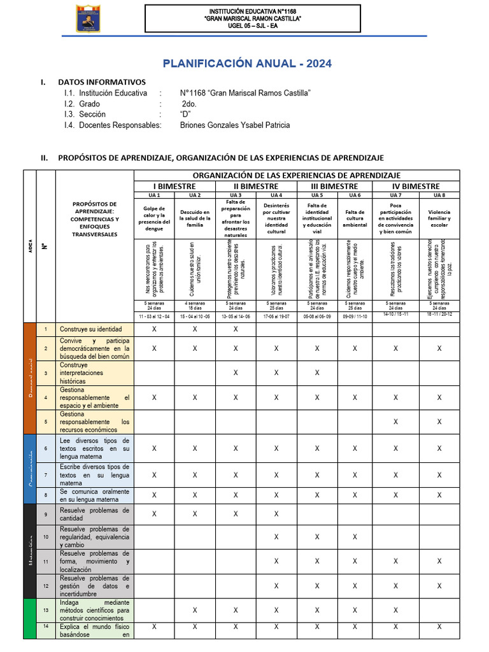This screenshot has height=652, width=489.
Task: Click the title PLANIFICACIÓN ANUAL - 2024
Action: tap(247, 64)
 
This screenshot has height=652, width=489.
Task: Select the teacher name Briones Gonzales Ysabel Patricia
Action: tap(235, 125)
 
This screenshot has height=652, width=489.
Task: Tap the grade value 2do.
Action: tap(188, 104)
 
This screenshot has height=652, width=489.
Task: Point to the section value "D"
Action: tap(186, 114)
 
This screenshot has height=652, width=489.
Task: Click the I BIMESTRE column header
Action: tap(174, 186)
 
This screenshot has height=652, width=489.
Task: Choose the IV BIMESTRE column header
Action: tap(416, 186)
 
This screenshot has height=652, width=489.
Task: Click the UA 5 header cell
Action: tap(317, 195)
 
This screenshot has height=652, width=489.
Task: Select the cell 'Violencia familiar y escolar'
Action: tap(439, 218)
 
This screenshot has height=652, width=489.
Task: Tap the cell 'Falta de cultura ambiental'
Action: tap(355, 218)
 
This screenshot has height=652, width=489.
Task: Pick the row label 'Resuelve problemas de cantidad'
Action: tap(95, 514)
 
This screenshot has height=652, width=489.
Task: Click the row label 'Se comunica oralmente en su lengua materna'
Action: tap(95, 495)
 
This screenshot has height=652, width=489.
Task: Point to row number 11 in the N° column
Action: tap(46, 562)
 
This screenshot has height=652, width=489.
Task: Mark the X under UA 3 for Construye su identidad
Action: tap(236, 329)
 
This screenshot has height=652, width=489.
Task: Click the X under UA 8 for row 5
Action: tap(439, 422)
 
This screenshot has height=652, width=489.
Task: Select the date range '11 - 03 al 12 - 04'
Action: tap(154, 316)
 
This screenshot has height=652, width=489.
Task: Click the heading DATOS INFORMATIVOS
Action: tap(102, 82)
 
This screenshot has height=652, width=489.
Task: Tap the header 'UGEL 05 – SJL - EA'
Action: tap(253, 25)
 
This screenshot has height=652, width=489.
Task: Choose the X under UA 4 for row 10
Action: tap(276, 537)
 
